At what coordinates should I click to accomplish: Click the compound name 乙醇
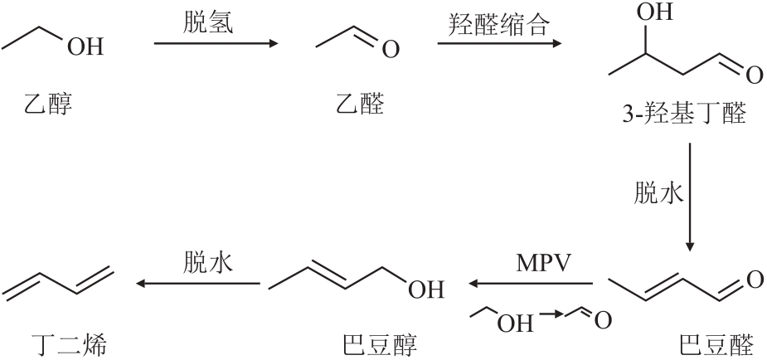coord(48,105)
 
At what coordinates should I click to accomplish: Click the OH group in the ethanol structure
coord(86,47)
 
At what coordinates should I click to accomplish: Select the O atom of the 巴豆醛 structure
coord(754,280)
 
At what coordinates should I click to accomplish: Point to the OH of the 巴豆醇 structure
coord(426,289)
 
